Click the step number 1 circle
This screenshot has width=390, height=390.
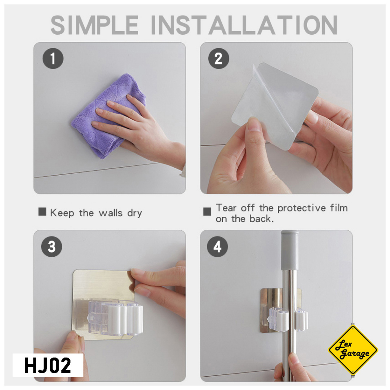(x=53, y=58)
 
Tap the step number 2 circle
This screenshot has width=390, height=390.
(x=219, y=58)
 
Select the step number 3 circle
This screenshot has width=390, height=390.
(x=52, y=246)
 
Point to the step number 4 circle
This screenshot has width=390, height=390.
(x=217, y=246)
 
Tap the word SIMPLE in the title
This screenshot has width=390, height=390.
(x=95, y=25)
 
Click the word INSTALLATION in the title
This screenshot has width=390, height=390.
(x=244, y=25)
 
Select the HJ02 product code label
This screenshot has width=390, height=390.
(x=48, y=365)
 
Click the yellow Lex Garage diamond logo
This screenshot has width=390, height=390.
(x=353, y=349)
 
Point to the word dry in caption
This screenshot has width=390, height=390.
(x=134, y=213)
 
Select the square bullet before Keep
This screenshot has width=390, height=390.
(x=42, y=212)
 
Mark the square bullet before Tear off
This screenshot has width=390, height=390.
(x=207, y=212)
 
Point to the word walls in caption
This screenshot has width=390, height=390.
(x=111, y=213)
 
